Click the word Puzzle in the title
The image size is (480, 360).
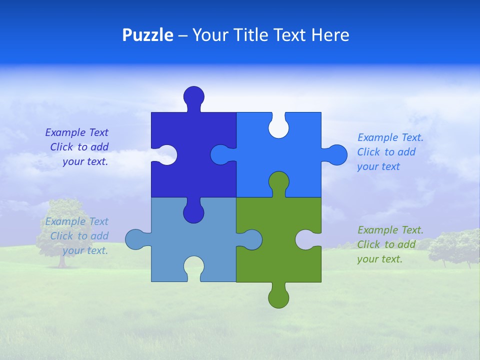[x=147, y=35]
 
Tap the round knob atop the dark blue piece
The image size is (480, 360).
[x=194, y=96]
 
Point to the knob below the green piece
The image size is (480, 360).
[x=278, y=298]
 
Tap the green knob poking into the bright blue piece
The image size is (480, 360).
[x=278, y=182]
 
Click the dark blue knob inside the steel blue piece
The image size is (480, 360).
[x=193, y=213]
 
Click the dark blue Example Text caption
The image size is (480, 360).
[x=77, y=147]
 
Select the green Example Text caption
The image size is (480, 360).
[x=390, y=244]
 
